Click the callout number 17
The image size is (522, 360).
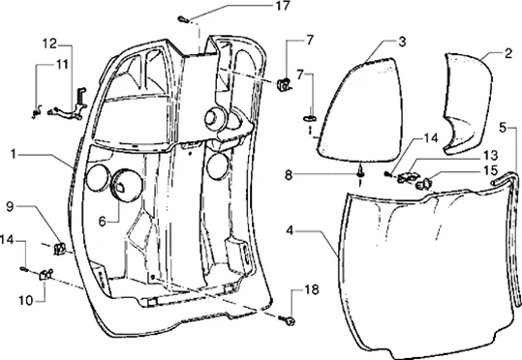click(x=282, y=7)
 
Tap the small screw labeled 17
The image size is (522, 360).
click(x=183, y=19)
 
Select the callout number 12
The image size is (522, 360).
click(x=49, y=44)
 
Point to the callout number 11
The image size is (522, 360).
click(x=62, y=64)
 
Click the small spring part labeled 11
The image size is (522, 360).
click(x=37, y=111)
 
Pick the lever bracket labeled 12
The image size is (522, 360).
click(x=69, y=105)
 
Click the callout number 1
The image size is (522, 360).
click(x=13, y=154)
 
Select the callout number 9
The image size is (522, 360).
click(x=11, y=207)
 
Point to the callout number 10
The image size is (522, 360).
click(x=26, y=300)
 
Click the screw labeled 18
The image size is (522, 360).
click(x=288, y=320)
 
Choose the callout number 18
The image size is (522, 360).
click(x=312, y=289)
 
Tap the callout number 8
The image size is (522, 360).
click(x=289, y=174)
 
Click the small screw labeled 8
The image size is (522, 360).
click(x=360, y=172)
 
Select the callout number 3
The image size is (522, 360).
click(x=402, y=43)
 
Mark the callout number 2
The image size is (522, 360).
click(x=508, y=53)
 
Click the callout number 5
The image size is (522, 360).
click(x=504, y=127)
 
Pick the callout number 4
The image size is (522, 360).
click(x=290, y=230)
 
